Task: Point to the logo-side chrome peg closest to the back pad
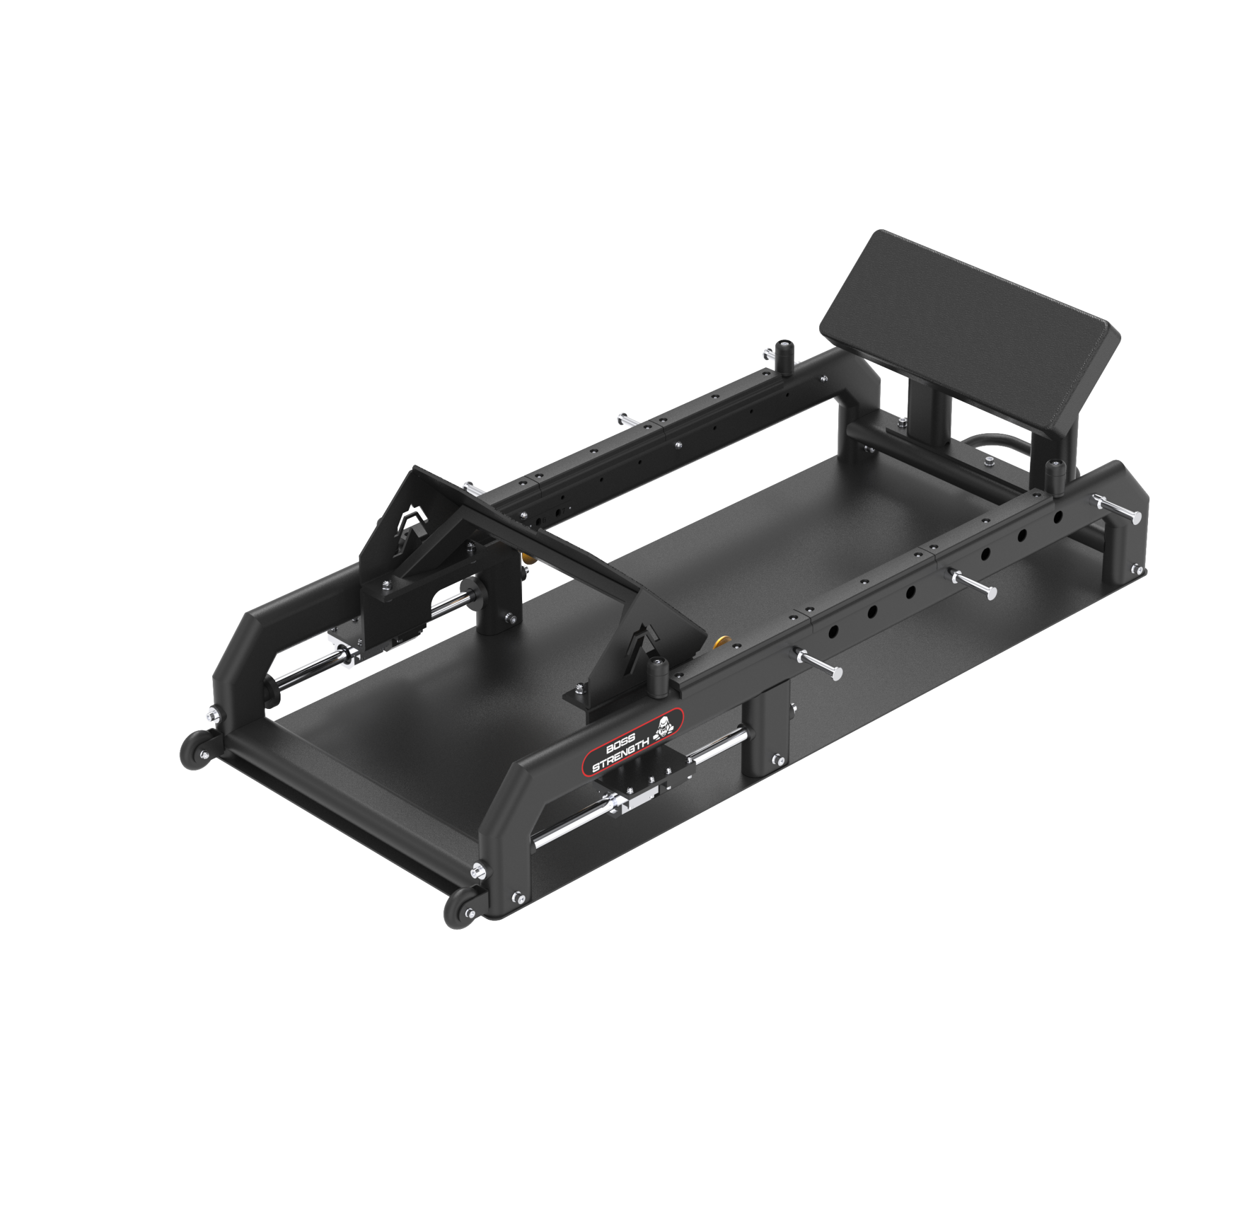[x=1118, y=509]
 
